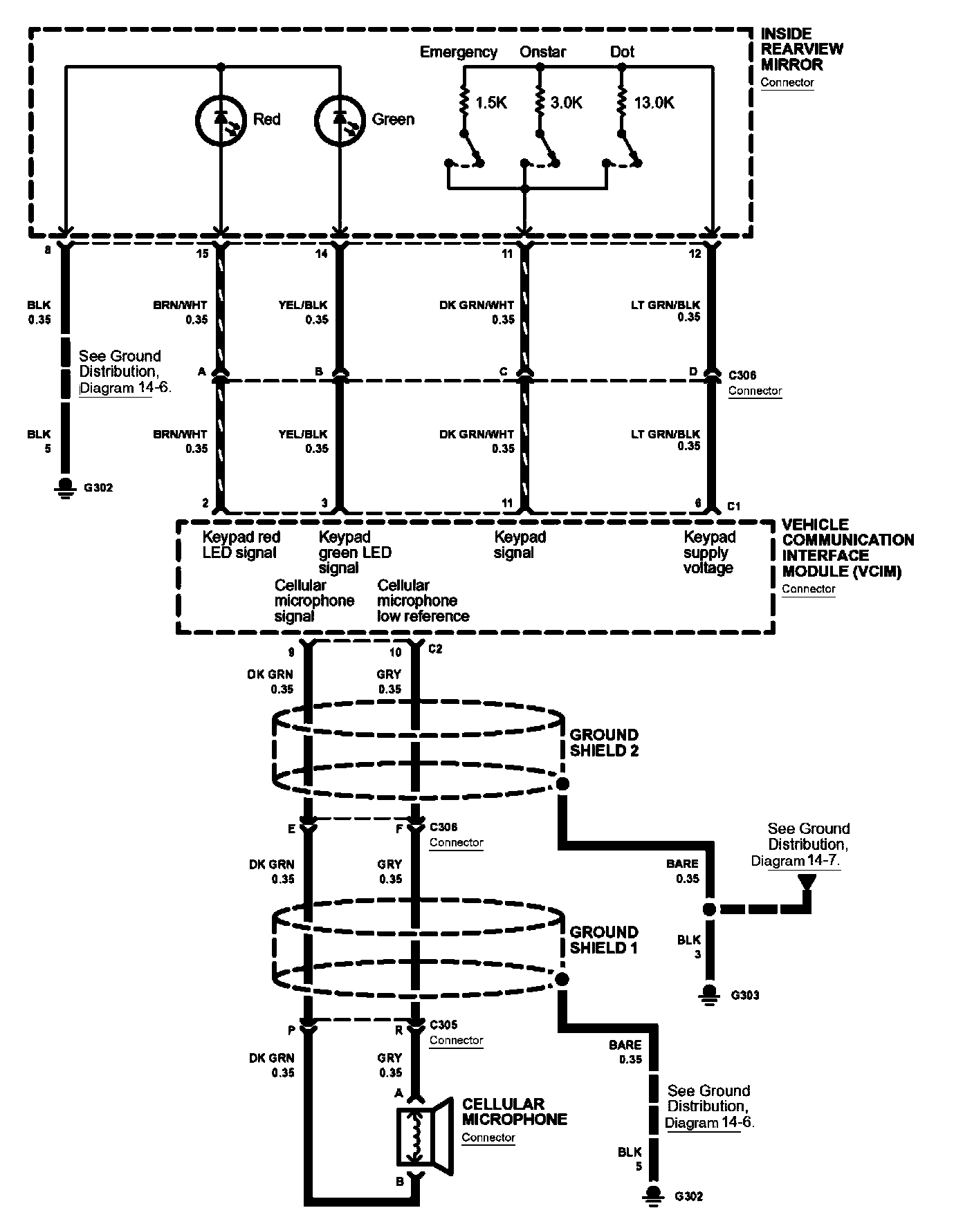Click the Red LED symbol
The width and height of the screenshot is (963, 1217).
(221, 120)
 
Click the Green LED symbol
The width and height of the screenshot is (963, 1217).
(340, 120)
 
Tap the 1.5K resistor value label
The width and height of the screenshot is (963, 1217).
(491, 103)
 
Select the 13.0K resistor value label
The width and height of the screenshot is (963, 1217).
(654, 103)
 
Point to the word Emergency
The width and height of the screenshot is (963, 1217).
(459, 52)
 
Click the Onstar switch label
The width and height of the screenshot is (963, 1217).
(542, 52)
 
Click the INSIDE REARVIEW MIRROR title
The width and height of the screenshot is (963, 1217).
(802, 49)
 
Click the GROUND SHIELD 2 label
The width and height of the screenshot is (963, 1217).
(604, 743)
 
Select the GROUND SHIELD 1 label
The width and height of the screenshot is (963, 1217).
(604, 940)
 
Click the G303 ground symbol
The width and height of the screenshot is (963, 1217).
(708, 993)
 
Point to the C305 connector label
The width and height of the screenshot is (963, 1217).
(443, 1025)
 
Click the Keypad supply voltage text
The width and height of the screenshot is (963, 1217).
(709, 552)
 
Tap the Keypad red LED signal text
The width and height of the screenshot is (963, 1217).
(241, 545)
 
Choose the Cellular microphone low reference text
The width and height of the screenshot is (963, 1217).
(423, 601)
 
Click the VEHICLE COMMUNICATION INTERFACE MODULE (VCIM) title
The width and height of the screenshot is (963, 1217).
(847, 548)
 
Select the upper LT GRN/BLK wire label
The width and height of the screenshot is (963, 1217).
(666, 305)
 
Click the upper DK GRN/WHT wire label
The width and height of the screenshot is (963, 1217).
(477, 305)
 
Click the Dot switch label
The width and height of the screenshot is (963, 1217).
(622, 52)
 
